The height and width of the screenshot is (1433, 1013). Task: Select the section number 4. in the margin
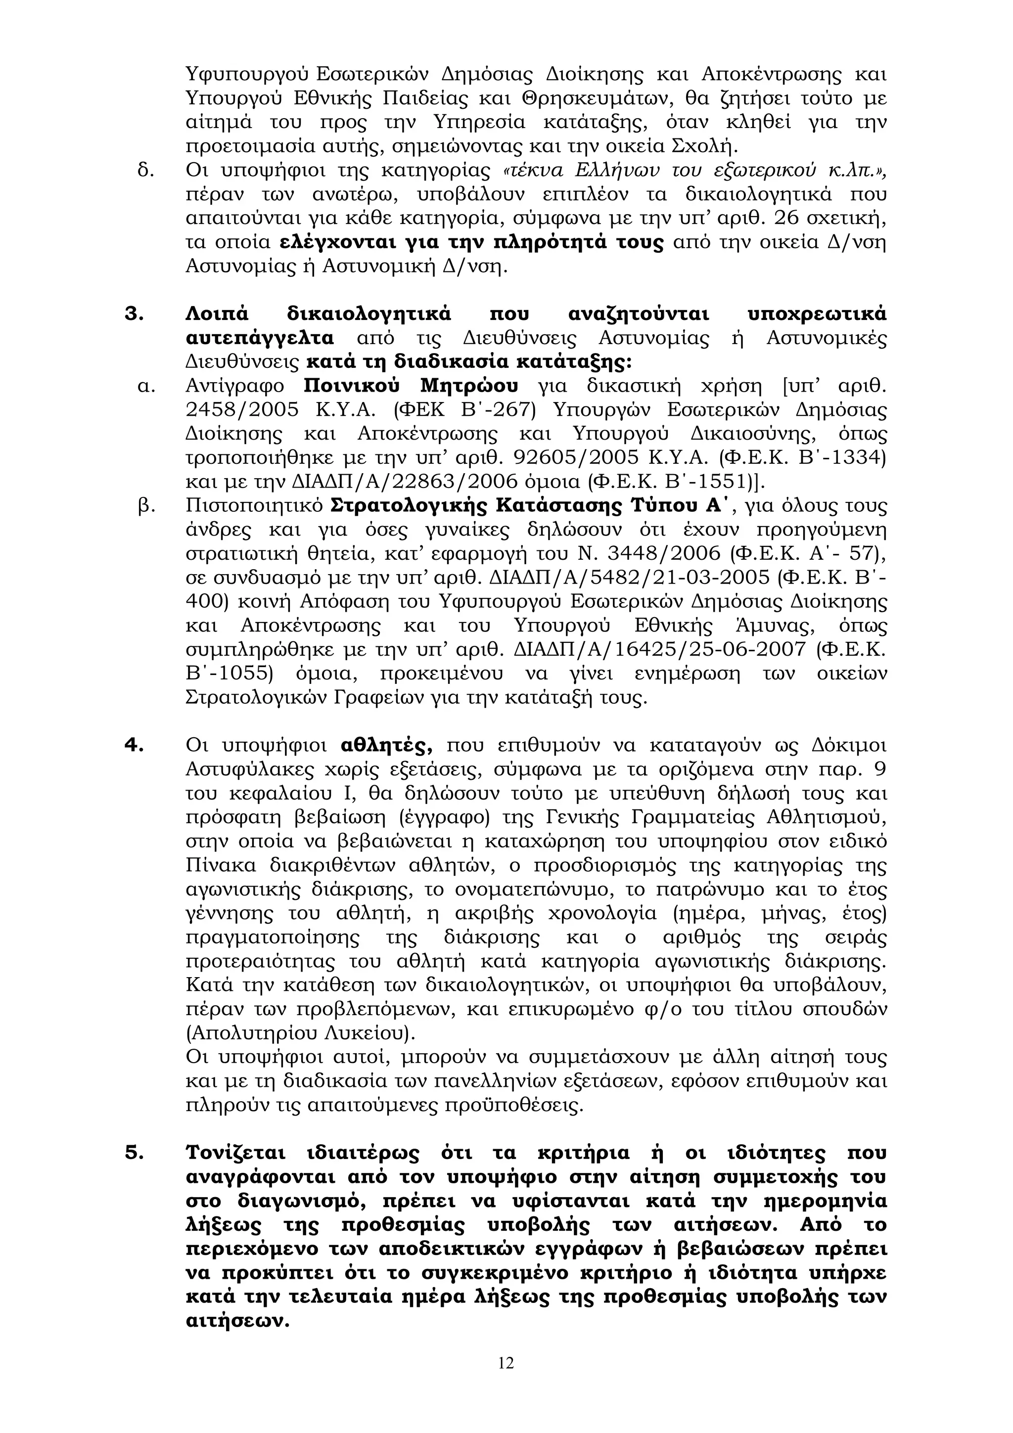134,745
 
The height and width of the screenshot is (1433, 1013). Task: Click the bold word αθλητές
388,745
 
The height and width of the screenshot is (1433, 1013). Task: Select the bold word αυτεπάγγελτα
260,338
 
